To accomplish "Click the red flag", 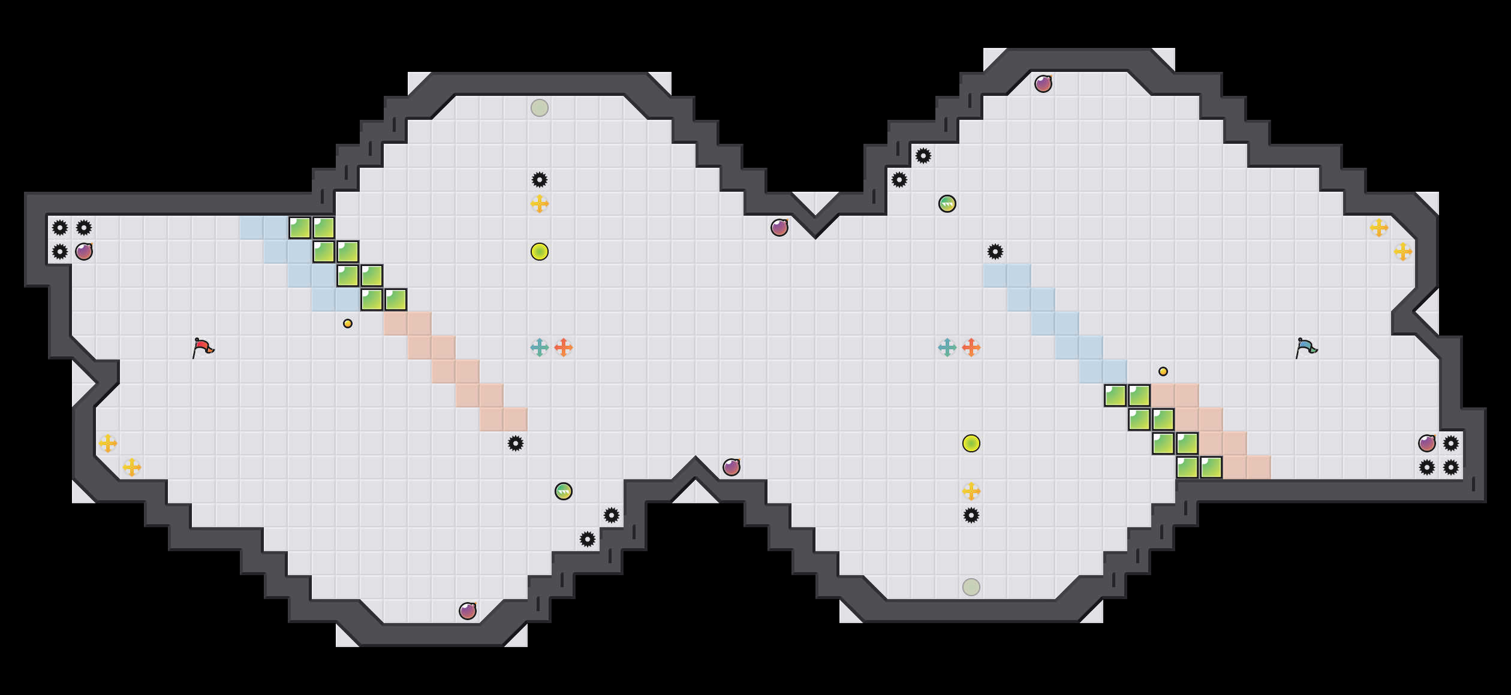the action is (203, 347).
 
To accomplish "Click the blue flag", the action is (1306, 347).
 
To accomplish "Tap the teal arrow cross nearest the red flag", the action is (540, 347).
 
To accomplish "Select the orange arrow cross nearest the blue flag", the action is (971, 347).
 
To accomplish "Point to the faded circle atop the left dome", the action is (540, 108).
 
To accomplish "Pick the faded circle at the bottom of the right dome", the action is (971, 587).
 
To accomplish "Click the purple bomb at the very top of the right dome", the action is (1043, 84).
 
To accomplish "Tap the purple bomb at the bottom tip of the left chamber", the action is (468, 611).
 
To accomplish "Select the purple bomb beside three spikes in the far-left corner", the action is (84, 252).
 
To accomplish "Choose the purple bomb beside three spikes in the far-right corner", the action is (1427, 443).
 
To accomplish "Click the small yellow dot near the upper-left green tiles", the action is (348, 324).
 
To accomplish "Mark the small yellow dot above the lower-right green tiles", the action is (1163, 371).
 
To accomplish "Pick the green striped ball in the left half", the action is (564, 491).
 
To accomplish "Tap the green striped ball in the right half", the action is (947, 204).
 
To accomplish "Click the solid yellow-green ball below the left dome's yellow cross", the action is (540, 252).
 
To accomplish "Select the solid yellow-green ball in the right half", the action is (971, 443).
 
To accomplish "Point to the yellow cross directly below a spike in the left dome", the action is (540, 204).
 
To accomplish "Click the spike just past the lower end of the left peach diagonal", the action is (516, 443).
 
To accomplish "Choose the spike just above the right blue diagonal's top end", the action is (995, 252).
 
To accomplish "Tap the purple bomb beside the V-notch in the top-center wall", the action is (779, 228).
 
